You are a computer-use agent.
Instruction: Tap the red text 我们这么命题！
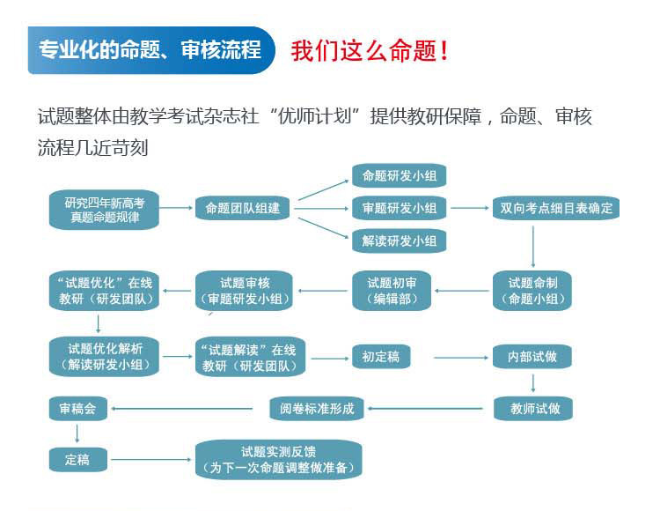point(370,50)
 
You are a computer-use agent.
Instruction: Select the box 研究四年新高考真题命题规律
point(105,209)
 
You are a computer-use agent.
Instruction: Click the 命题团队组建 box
point(243,209)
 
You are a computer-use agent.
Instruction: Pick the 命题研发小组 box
point(399,175)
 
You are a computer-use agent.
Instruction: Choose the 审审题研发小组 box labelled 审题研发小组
point(399,209)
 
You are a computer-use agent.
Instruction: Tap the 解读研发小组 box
point(399,241)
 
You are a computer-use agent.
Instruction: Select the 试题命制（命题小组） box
point(533,291)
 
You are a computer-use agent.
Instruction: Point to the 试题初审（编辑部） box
point(392,291)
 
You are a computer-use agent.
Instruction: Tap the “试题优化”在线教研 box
point(104,291)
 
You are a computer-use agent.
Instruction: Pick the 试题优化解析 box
point(104,355)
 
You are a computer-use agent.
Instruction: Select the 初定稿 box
point(381,357)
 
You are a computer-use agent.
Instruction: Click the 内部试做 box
point(533,357)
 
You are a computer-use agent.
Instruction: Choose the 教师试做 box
point(533,408)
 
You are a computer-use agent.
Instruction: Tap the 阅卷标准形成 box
point(317,408)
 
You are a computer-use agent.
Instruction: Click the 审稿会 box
point(77,408)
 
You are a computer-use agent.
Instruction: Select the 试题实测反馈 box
point(278,459)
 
